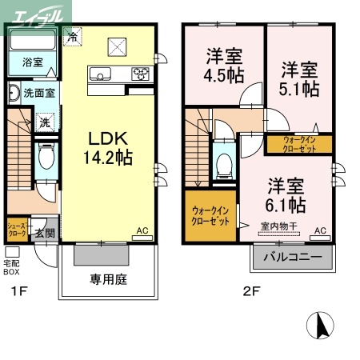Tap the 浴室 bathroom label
click(x=32, y=62)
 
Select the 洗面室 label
click(x=38, y=93)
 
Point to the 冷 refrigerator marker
click(x=74, y=37)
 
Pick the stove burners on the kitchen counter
click(x=141, y=74)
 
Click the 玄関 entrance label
click(x=44, y=233)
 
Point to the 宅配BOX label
click(x=12, y=266)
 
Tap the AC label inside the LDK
click(x=142, y=231)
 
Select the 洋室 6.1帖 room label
click(x=285, y=193)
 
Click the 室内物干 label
click(x=278, y=226)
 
